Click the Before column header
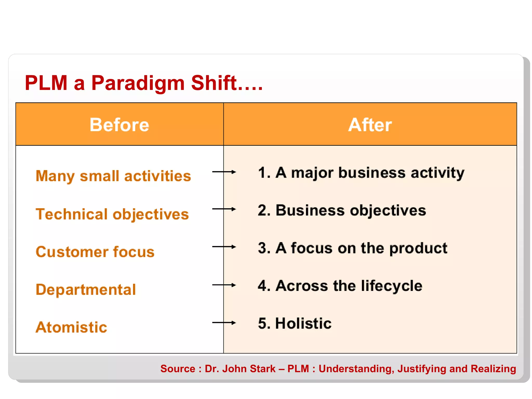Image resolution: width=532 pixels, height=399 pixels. tap(119, 125)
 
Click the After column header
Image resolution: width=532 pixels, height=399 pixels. tap(370, 125)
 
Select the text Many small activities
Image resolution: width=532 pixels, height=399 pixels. tap(113, 176)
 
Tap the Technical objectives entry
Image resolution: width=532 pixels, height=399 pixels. tap(112, 214)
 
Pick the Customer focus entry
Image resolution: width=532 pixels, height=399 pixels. tap(95, 252)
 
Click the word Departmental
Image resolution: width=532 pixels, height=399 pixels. tap(86, 290)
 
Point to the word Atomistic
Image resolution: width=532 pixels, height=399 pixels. tap(71, 327)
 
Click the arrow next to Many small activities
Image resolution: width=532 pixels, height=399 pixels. tap(224, 172)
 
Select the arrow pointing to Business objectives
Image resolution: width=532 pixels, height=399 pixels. tap(224, 209)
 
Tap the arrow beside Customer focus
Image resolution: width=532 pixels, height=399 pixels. tap(224, 247)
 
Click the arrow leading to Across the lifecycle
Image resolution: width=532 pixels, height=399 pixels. tap(224, 285)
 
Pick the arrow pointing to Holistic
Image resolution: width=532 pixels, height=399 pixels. tap(224, 323)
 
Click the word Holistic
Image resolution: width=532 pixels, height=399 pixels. tap(303, 323)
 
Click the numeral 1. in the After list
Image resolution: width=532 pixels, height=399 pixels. tap(264, 173)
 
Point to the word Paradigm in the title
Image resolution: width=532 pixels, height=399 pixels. tap(138, 83)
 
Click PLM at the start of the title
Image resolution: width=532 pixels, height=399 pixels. tap(46, 83)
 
